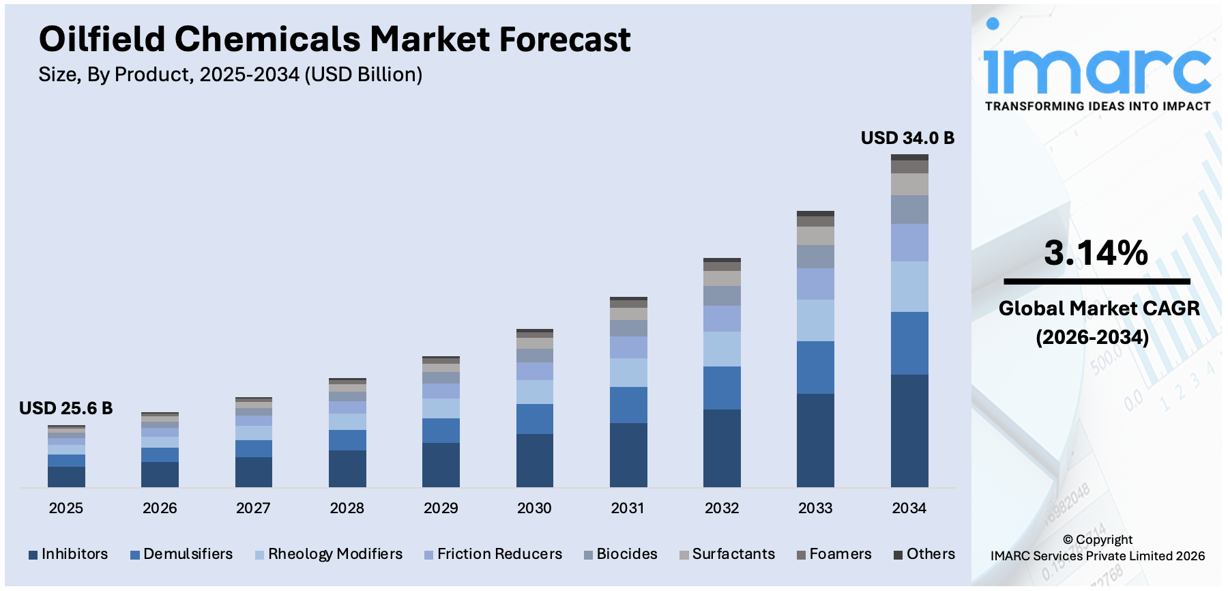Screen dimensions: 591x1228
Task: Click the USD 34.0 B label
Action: [907, 138]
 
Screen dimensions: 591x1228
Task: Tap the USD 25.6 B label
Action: [65, 408]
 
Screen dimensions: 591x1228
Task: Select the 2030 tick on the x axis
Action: [534, 508]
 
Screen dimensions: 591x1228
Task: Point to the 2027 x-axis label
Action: [253, 508]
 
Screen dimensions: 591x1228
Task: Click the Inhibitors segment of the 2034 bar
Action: [909, 430]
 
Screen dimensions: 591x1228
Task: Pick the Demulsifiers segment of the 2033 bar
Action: [815, 367]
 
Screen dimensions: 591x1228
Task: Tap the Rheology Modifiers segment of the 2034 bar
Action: [909, 287]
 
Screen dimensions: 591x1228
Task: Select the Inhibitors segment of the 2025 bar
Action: [66, 476]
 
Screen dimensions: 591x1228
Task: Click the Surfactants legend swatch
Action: [684, 555]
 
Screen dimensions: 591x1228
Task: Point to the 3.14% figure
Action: [1096, 253]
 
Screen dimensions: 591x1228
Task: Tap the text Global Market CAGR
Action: [1098, 308]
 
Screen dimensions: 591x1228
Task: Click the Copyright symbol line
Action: [1097, 539]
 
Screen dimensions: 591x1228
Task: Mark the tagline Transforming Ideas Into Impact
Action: [1097, 106]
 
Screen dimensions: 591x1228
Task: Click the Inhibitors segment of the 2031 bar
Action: [628, 455]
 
